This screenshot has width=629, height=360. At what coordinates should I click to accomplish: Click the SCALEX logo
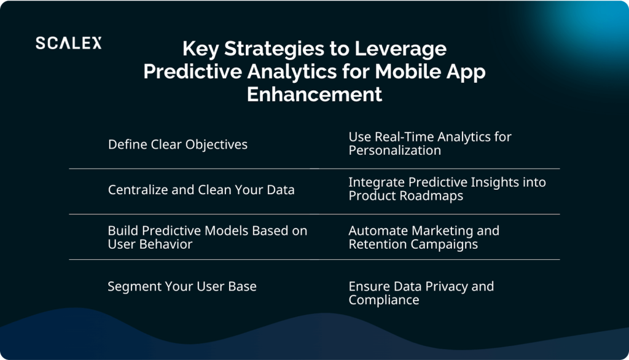click(x=69, y=43)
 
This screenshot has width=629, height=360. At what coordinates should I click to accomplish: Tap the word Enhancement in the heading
click(x=314, y=95)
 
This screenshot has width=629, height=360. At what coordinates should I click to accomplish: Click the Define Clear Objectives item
click(x=178, y=144)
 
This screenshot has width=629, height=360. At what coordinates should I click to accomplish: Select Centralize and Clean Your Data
click(x=201, y=190)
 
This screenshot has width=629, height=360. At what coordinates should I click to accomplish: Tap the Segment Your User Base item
click(x=182, y=286)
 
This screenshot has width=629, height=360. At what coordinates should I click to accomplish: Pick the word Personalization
click(x=395, y=151)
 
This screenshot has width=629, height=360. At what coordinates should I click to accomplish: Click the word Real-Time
click(x=404, y=137)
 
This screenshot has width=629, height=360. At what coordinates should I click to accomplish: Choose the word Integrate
click(x=377, y=182)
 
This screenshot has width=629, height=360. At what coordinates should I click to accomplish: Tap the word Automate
click(x=378, y=231)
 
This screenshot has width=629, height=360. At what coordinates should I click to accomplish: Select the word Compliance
click(x=384, y=300)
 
